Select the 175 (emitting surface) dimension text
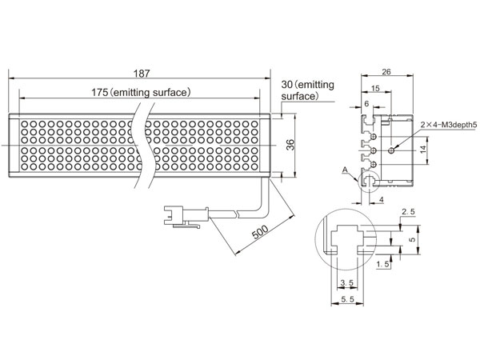point(140,92)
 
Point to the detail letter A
point(344,169)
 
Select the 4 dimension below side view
point(382,199)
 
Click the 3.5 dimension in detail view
point(347,282)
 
